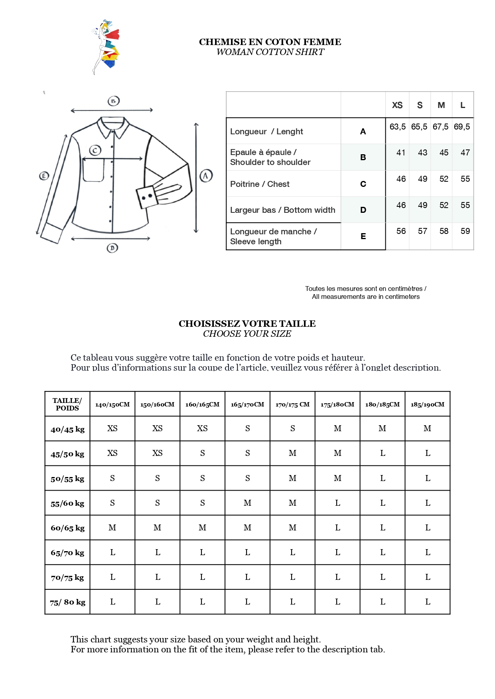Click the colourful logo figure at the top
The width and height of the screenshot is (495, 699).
coord(106,47)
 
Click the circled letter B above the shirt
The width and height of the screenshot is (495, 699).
coord(114,101)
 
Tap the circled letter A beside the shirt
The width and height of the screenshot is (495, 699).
coord(206,176)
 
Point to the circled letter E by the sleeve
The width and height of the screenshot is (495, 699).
coord(44,176)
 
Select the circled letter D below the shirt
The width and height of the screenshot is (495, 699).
coord(112,248)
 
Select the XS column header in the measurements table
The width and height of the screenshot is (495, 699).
coord(397,105)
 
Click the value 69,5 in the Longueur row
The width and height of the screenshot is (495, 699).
coord(462,127)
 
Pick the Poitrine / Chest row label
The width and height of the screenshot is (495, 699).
coord(260,184)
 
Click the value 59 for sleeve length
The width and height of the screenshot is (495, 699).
coord(465,231)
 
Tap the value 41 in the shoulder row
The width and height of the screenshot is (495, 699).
coord(401,153)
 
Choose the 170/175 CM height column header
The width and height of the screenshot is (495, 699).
coord(292,404)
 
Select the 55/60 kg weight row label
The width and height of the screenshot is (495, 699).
coord(67,503)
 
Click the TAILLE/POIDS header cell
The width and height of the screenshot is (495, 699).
coord(67,404)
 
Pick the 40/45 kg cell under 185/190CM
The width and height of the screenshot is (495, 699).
coord(428,428)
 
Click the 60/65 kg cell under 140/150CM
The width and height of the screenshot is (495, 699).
coord(112,528)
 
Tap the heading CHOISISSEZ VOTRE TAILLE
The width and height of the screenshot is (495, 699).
coord(247,324)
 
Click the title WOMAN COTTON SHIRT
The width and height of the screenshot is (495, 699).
coord(270,52)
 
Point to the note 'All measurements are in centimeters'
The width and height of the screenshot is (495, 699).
coord(366,296)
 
